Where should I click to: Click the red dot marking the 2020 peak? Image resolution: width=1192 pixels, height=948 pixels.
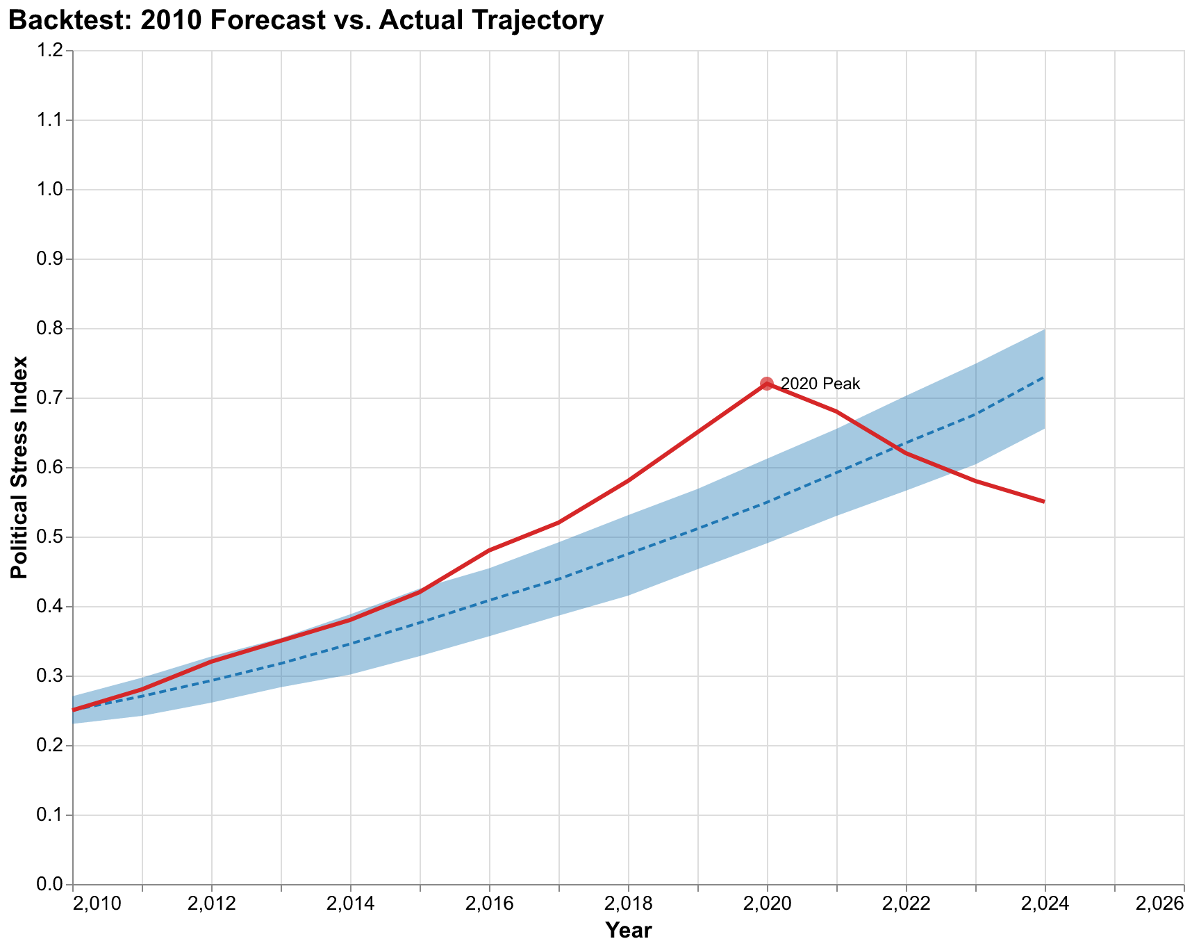(767, 384)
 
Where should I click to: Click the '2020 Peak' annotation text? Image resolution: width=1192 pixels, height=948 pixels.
(820, 384)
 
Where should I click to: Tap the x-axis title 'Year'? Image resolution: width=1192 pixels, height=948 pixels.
(628, 931)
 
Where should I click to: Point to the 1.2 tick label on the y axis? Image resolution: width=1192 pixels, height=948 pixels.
(53, 51)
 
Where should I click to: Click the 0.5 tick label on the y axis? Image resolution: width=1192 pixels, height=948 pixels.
(53, 537)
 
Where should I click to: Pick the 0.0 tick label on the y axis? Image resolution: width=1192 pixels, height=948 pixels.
(53, 885)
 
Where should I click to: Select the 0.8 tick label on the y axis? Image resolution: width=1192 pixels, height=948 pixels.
(53, 329)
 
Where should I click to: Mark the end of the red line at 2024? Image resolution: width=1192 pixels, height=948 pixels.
(1044, 502)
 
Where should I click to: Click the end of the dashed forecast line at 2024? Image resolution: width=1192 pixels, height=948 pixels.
(1044, 377)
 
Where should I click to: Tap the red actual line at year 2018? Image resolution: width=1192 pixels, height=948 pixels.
(628, 481)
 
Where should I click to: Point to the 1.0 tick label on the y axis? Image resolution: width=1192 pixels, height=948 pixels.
(53, 190)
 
